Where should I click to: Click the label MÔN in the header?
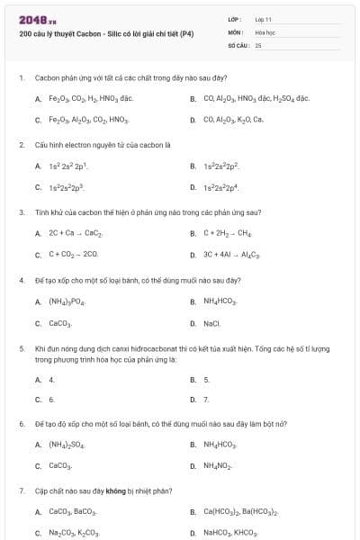tap(236, 31)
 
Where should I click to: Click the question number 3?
tap(21, 212)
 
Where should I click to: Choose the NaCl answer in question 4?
tap(211, 322)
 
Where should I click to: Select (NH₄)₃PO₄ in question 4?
tap(67, 301)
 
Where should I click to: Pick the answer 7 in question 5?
tap(206, 399)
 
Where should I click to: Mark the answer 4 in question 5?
tap(51, 379)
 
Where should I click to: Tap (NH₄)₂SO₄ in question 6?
tap(67, 445)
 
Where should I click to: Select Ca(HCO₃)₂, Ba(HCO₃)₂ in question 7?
tap(240, 512)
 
